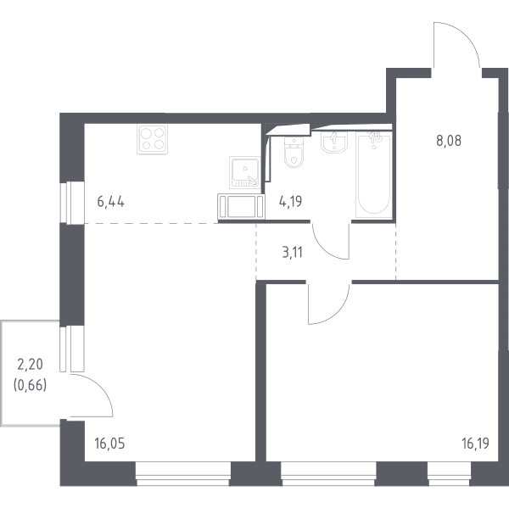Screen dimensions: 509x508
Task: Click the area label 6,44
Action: point(110,202)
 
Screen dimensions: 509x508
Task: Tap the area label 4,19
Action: point(290,201)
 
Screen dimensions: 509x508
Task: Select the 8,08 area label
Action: point(449,141)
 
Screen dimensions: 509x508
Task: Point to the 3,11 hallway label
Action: point(293,252)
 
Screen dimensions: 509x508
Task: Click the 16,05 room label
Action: point(109,443)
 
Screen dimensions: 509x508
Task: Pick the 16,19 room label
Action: point(476,443)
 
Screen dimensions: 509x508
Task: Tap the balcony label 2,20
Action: point(30,365)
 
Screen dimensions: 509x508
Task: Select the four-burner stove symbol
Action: point(153,139)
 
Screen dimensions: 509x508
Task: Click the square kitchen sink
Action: point(245,172)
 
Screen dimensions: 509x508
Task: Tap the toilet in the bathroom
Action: point(294,153)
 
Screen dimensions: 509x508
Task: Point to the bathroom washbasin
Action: point(334,142)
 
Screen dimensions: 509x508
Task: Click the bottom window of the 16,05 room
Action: point(183,474)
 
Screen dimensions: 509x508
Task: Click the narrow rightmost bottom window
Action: point(449,474)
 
